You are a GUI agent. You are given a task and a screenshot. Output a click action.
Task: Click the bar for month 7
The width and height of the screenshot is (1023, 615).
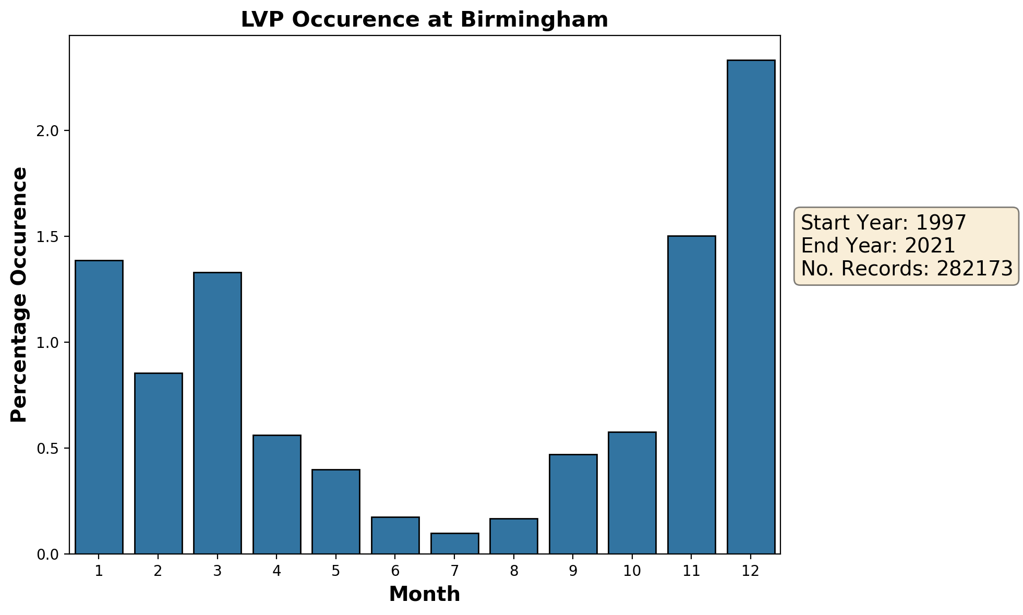(x=454, y=543)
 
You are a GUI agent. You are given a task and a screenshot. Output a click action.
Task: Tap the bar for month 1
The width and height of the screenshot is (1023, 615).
(x=99, y=407)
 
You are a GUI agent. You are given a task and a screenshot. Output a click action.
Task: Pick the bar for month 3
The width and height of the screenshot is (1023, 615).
(x=218, y=413)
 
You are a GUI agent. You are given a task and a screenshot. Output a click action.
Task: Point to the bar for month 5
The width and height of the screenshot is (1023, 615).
(x=336, y=511)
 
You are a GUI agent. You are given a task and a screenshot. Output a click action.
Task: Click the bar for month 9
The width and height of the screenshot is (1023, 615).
(x=573, y=504)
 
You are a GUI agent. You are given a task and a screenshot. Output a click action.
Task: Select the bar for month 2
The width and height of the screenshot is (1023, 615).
(x=158, y=463)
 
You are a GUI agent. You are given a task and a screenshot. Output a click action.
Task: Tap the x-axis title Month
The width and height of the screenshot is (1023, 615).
(x=425, y=595)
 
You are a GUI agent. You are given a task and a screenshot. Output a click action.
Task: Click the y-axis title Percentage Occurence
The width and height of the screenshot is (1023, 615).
(x=19, y=295)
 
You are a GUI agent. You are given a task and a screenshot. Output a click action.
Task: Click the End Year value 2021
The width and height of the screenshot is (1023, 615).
(x=929, y=246)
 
